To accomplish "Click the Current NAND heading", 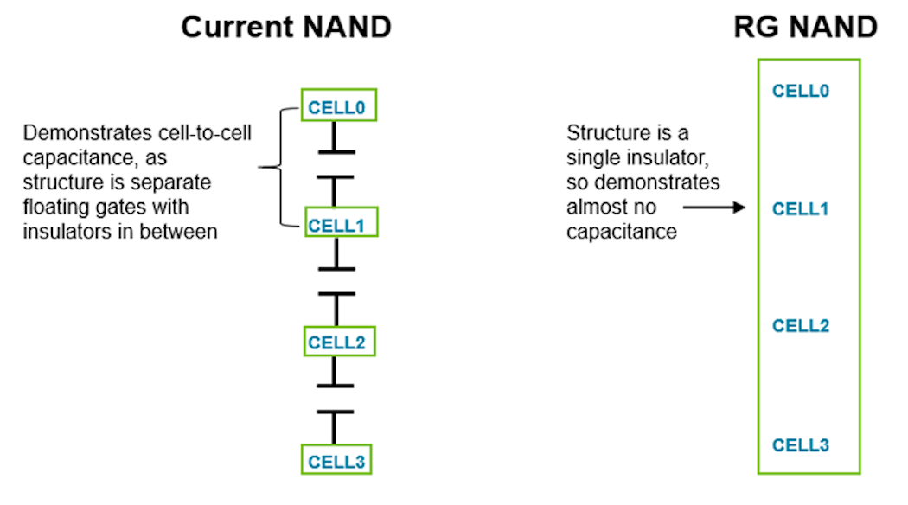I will click(x=286, y=27).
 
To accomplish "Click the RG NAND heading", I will click(x=805, y=27).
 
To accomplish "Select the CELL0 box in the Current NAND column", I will click(x=338, y=107).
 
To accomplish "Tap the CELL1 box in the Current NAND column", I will click(x=338, y=225).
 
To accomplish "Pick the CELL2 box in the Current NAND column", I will click(x=338, y=342).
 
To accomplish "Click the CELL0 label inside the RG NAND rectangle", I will click(x=801, y=91).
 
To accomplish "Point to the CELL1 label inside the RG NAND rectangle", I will click(x=801, y=208).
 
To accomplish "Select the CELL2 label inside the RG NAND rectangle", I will click(x=801, y=326).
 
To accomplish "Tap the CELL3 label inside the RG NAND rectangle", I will click(x=801, y=445).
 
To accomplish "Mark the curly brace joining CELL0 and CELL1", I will click(x=274, y=167).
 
